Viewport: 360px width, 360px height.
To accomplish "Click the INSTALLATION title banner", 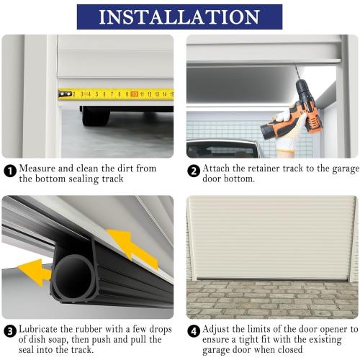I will coord(179,17).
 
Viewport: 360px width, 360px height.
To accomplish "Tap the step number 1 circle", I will coord(10,171).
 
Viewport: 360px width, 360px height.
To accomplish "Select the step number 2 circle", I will coord(194,171).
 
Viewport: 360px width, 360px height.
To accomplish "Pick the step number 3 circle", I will coord(10,332).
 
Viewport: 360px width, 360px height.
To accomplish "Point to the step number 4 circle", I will coord(194,332).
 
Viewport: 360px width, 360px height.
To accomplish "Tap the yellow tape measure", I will coord(115,94).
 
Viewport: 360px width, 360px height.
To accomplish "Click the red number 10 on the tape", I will coord(134,94).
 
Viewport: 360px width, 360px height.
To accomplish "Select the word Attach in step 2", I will coord(217,168).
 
